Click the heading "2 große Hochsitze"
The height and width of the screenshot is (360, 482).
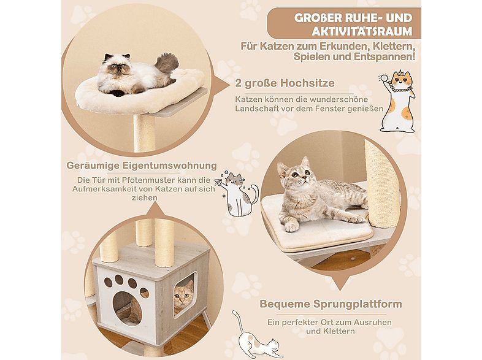tap(285, 83)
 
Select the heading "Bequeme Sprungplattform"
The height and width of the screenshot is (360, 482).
tap(331, 304)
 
